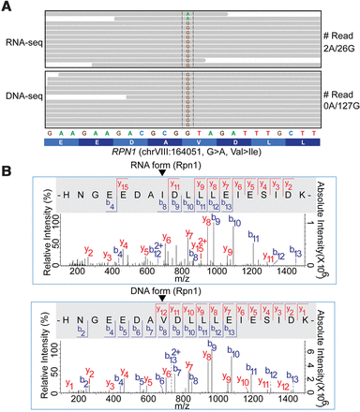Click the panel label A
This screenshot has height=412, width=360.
pyautogui.click(x=7, y=7)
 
